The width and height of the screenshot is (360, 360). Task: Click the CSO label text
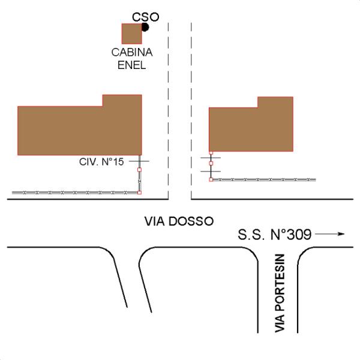[x=146, y=17]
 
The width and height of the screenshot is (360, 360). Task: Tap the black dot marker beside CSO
[x=145, y=28]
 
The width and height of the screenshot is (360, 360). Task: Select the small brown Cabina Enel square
[x=131, y=34]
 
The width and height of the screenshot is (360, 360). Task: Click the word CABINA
[x=132, y=52]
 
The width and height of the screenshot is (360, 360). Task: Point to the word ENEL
[x=132, y=65]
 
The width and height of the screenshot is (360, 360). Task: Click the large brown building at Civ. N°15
[x=80, y=125]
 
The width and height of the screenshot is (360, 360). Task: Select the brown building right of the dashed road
[x=251, y=124]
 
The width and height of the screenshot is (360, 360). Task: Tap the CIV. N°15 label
[x=101, y=162]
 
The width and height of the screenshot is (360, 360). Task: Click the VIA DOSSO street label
[x=179, y=221]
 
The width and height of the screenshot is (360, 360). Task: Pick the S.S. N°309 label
[x=275, y=235]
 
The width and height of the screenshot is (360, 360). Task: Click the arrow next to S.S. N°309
[x=330, y=234]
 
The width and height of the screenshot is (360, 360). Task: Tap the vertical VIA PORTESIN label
[x=280, y=293]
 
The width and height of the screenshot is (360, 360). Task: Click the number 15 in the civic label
[x=118, y=162]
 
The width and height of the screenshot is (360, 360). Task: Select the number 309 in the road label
[x=299, y=235]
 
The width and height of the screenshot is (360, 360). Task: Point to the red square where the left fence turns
[x=139, y=193]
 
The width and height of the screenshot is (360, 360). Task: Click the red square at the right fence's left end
[x=211, y=179]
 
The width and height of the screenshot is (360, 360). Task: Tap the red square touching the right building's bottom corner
[x=211, y=152]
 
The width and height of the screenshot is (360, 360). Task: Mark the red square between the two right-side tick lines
[x=211, y=163]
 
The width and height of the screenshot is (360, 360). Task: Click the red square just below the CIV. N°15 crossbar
[x=139, y=170]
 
